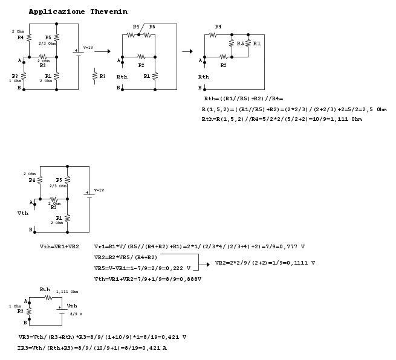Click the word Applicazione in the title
(x=57, y=12)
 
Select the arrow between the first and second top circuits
(x=102, y=51)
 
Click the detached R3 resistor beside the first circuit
(x=94, y=77)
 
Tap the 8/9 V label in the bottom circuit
(x=76, y=314)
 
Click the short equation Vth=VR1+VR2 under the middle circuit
(x=59, y=247)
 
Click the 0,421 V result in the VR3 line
(x=175, y=336)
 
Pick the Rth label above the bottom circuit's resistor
(x=45, y=289)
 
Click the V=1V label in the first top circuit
(x=88, y=48)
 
